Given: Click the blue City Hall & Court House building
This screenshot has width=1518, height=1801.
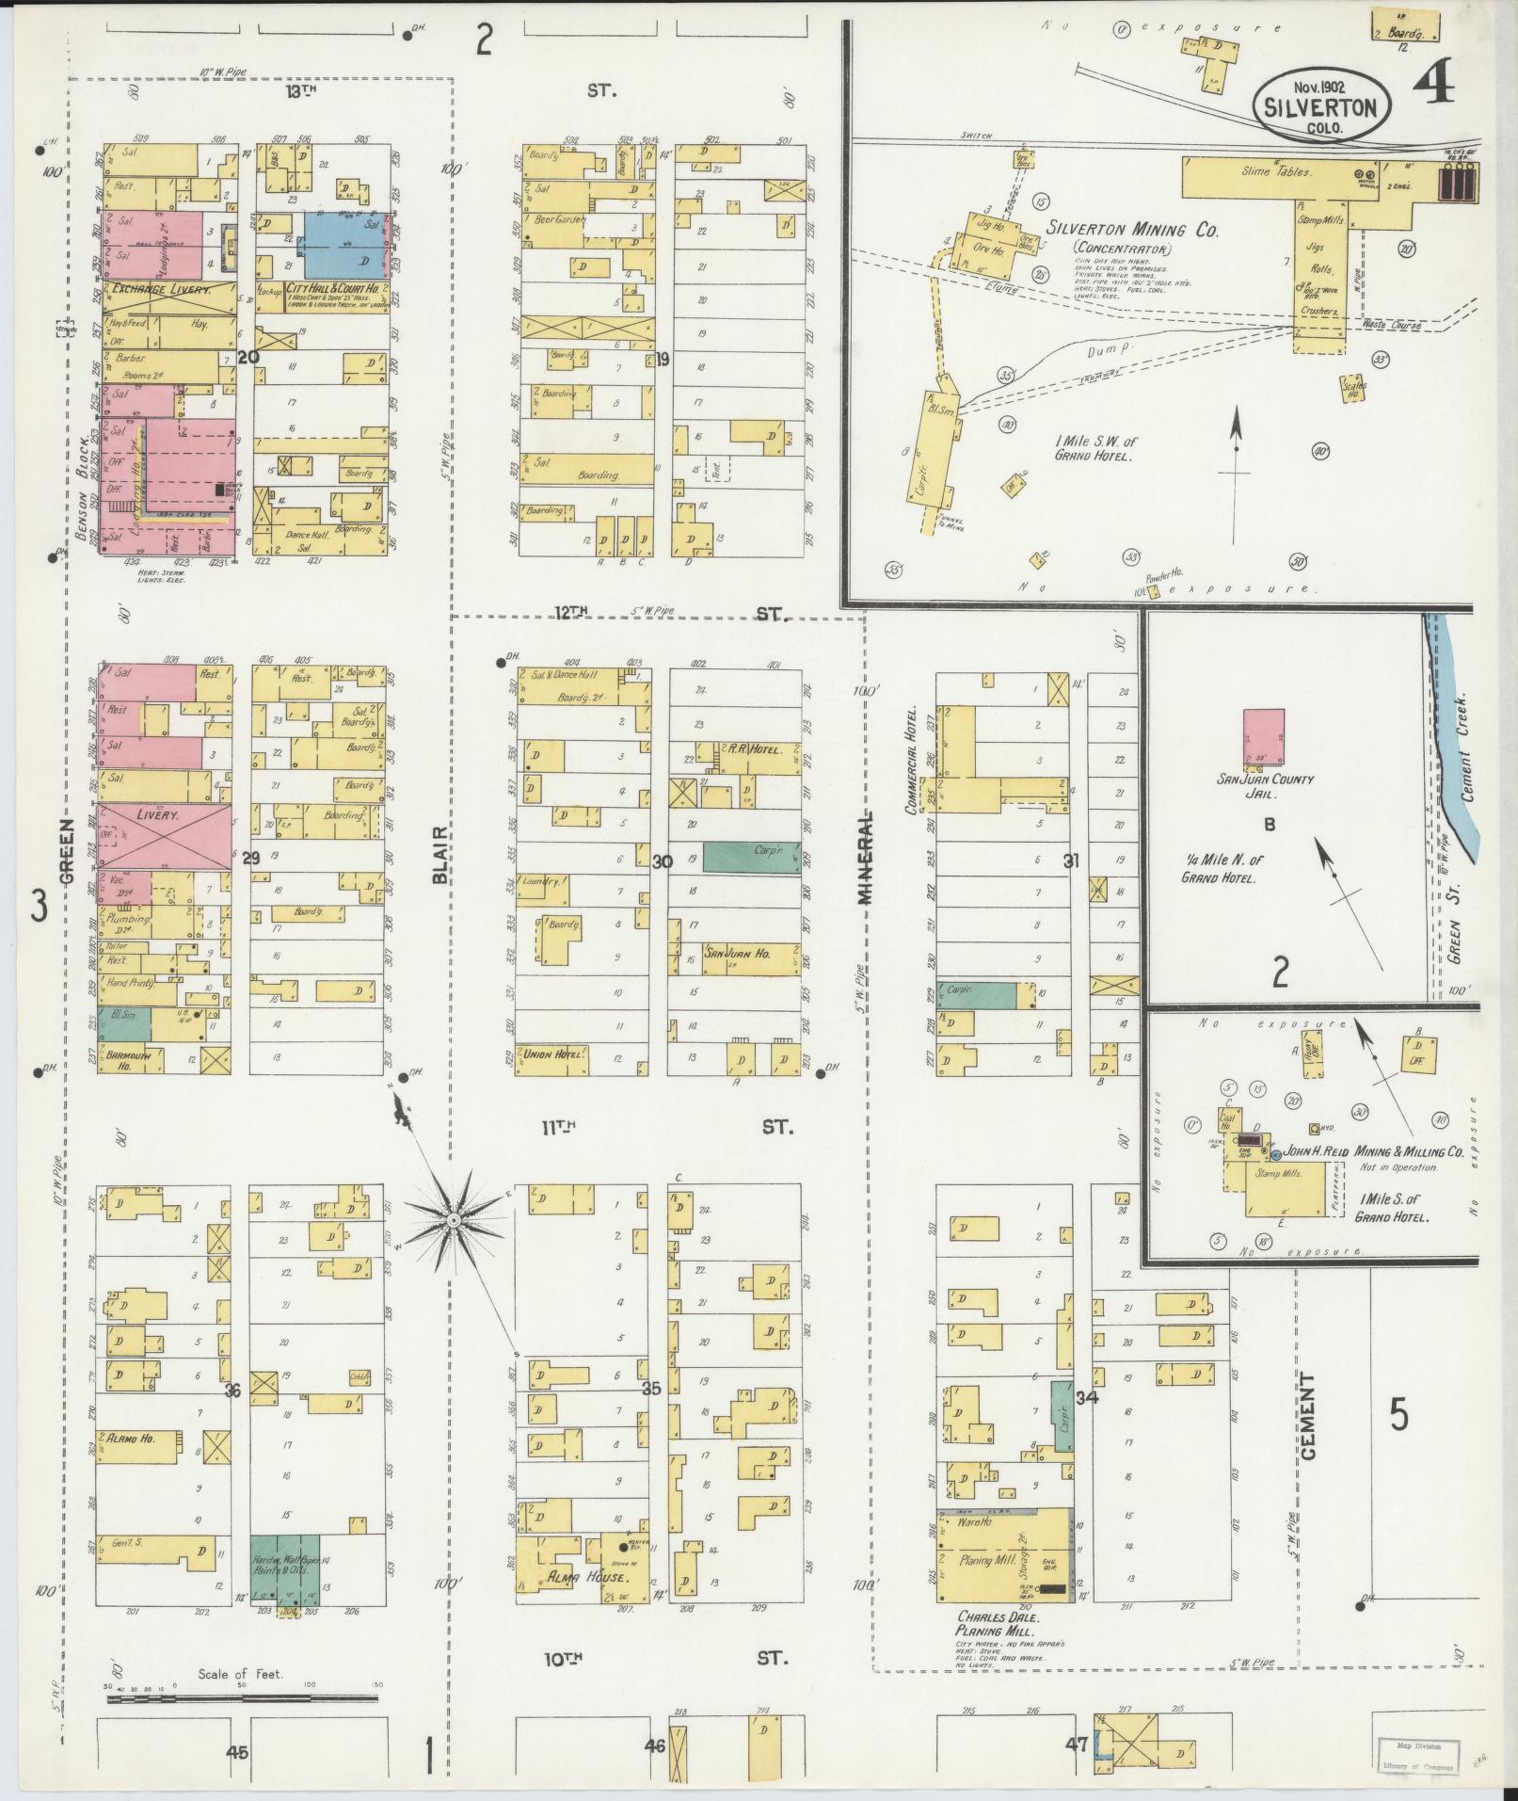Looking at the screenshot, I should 345,245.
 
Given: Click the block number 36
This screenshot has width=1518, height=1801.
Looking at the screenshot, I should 233,1390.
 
